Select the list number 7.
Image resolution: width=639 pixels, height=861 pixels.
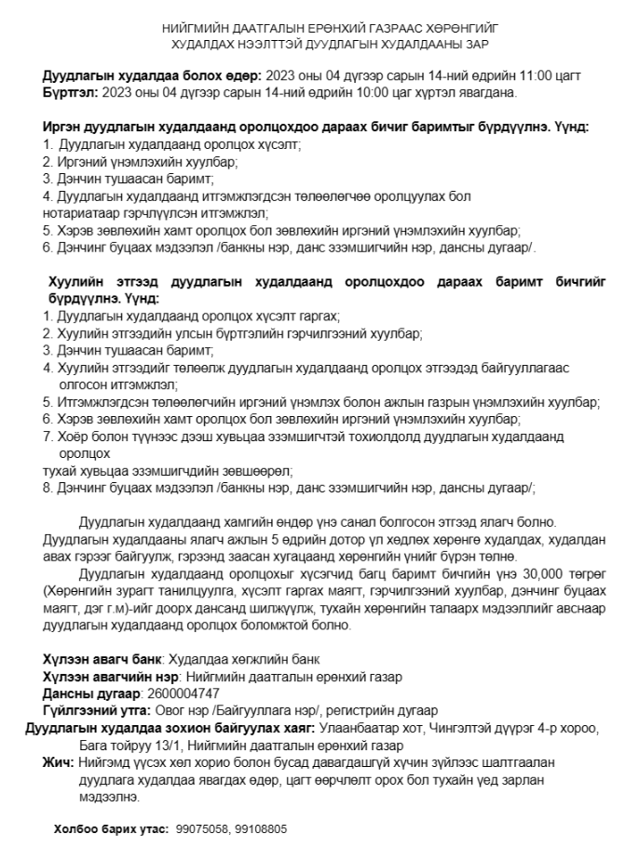tap(48, 437)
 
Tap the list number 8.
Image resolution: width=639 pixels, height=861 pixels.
tap(48, 487)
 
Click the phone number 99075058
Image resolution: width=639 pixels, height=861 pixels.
tap(201, 827)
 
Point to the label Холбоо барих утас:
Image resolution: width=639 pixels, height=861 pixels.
tap(111, 827)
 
